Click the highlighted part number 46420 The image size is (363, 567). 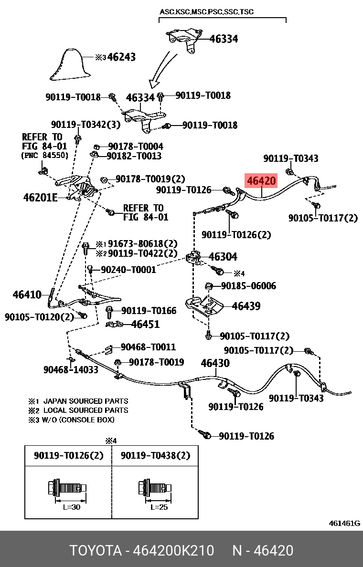tap(261, 181)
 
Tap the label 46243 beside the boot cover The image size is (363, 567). tap(121, 57)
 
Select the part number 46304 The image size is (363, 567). tap(223, 257)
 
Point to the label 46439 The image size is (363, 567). tap(246, 306)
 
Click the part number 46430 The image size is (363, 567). tap(215, 363)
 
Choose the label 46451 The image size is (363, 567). tap(145, 325)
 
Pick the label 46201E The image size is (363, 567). tap(40, 197)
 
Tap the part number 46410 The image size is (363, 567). tap(27, 294)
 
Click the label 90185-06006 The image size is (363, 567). tap(248, 286)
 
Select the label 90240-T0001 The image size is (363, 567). tap(128, 270)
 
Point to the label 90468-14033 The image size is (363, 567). tap(71, 369)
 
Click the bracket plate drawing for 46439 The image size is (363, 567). tap(203, 306)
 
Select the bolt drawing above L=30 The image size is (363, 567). tap(67, 488)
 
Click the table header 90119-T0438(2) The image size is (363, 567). tap(155, 456)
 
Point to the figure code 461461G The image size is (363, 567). tap(344, 523)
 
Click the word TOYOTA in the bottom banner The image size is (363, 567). tap(96, 550)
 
